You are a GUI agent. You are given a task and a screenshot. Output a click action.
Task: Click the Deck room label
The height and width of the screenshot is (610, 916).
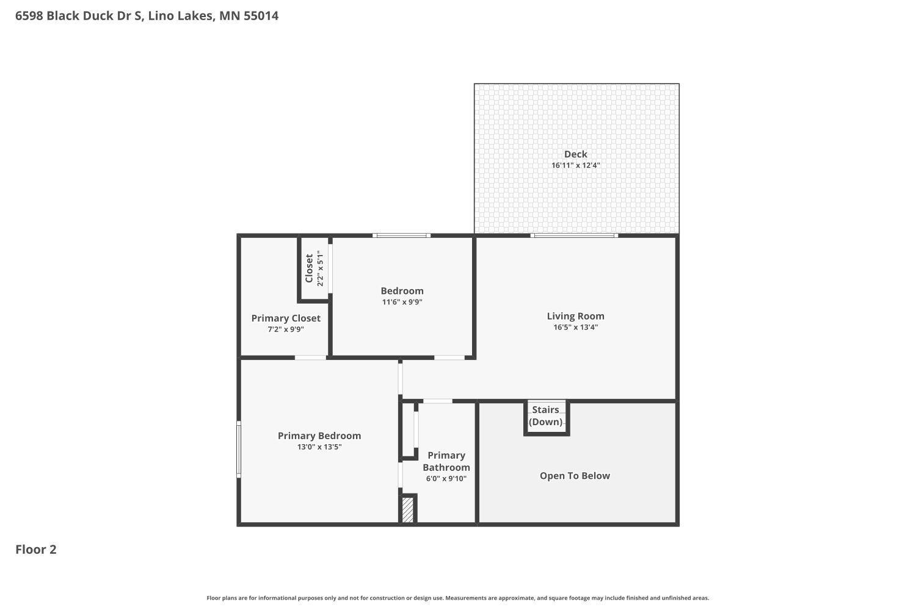pyautogui.click(x=575, y=154)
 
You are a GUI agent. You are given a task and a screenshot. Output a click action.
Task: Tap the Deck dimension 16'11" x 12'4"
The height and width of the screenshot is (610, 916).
pyautogui.click(x=575, y=165)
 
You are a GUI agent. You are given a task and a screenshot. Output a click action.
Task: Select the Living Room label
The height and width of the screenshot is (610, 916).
pyautogui.click(x=575, y=316)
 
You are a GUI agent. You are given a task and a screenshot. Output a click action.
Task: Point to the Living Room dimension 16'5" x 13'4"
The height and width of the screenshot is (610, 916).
pyautogui.click(x=575, y=327)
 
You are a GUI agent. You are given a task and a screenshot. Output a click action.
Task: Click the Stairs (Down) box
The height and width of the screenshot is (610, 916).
pyautogui.click(x=546, y=417)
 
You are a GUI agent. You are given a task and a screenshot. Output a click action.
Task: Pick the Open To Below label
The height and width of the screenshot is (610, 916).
pyautogui.click(x=575, y=476)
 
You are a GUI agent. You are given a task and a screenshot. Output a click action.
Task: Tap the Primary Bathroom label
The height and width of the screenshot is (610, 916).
pyautogui.click(x=446, y=461)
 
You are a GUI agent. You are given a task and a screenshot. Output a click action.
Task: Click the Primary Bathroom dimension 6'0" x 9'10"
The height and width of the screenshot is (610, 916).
pyautogui.click(x=446, y=478)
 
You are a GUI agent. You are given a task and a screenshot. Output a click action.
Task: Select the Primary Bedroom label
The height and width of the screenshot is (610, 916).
pyautogui.click(x=319, y=436)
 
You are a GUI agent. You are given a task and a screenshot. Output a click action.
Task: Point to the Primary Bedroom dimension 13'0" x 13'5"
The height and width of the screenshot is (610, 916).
pyautogui.click(x=319, y=447)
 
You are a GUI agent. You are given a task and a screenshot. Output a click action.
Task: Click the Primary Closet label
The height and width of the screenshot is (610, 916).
pyautogui.click(x=286, y=318)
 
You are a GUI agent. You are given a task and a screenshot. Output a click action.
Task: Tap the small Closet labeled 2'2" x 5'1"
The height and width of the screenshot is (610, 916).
pyautogui.click(x=314, y=268)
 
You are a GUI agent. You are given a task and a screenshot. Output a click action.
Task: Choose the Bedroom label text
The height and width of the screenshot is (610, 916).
pyautogui.click(x=402, y=291)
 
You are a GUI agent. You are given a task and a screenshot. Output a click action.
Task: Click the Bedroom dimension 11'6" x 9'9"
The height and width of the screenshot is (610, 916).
pyautogui.click(x=402, y=302)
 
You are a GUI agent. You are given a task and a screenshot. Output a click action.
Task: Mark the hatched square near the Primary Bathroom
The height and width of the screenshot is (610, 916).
pyautogui.click(x=407, y=510)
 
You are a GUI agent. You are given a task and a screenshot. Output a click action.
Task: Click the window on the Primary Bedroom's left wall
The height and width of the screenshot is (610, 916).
pyautogui.click(x=239, y=449)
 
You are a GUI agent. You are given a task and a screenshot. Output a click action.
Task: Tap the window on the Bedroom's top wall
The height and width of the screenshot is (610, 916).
pyautogui.click(x=401, y=235)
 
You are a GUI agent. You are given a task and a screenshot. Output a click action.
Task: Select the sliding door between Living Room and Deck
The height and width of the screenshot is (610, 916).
pyautogui.click(x=574, y=235)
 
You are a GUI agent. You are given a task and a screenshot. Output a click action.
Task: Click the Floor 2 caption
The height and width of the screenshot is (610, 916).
pyautogui.click(x=36, y=550)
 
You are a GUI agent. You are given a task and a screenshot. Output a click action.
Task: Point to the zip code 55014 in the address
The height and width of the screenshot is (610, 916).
pyautogui.click(x=261, y=16)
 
